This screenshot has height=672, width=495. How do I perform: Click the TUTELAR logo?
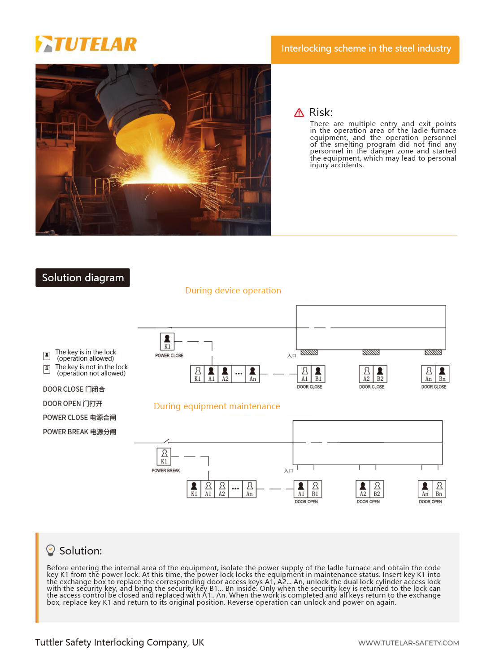coord(86,44)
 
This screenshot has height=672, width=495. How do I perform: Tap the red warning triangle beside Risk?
coord(299,113)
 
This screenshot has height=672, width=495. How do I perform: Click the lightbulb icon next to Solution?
coord(51,550)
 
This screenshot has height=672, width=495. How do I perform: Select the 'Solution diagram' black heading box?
coord(82,278)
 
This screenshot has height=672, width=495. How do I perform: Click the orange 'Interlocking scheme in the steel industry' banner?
coord(365,49)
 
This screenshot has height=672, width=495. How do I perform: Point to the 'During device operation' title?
coord(233,291)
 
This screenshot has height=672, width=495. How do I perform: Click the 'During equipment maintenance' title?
coord(217,406)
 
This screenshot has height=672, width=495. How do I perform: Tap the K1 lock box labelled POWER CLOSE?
coord(167,342)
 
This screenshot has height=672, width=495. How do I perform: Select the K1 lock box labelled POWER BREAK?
coord(164,457)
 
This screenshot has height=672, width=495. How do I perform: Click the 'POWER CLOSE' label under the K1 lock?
coord(169,356)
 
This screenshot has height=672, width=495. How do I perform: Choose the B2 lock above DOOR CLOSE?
coord(380,374)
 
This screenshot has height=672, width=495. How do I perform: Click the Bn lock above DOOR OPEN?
coord(439,489)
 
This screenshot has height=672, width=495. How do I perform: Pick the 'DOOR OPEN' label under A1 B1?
coord(306,502)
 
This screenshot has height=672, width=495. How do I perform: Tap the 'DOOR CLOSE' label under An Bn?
coord(434,387)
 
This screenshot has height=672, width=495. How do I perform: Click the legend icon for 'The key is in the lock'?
coord(47,355)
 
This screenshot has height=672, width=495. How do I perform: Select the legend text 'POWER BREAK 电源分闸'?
coord(79,432)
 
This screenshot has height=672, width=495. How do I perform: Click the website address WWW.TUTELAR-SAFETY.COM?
coord(408,643)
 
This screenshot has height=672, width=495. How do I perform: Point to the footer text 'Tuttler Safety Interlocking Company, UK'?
coord(119,642)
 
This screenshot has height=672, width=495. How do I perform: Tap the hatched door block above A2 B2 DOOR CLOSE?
coord(371,353)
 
